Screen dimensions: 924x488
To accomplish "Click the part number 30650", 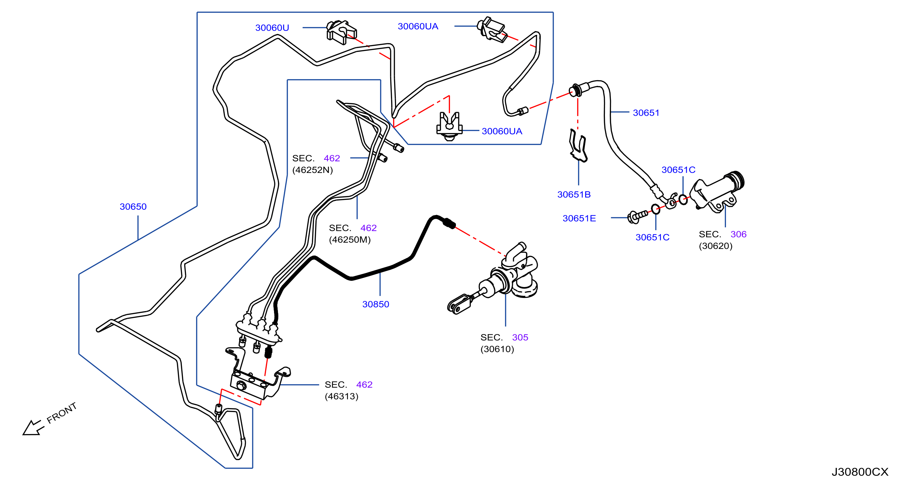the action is click(x=133, y=207).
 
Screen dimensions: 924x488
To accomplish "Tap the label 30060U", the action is click(x=272, y=28).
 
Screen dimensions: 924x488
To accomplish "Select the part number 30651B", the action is click(x=574, y=194).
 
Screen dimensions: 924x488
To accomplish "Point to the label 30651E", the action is click(x=579, y=218).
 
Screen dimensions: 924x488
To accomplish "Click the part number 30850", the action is click(x=376, y=304).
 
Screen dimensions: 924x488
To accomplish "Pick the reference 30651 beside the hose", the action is click(x=646, y=112).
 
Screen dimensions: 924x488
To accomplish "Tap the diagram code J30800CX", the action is click(x=860, y=472).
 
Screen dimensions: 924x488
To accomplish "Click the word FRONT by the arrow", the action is click(x=62, y=413).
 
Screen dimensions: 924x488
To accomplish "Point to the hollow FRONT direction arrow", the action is click(x=33, y=428).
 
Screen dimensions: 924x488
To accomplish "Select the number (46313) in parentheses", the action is click(x=341, y=396).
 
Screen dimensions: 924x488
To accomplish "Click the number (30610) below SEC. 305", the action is click(x=497, y=349).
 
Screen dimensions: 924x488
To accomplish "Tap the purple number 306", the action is click(x=738, y=234).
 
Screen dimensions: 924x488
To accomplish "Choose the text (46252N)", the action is click(x=312, y=170).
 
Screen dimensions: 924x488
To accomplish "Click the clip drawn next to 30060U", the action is click(x=341, y=32).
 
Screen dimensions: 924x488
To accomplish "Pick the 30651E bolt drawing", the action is click(x=637, y=216).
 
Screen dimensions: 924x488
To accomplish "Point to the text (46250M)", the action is click(x=350, y=239).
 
